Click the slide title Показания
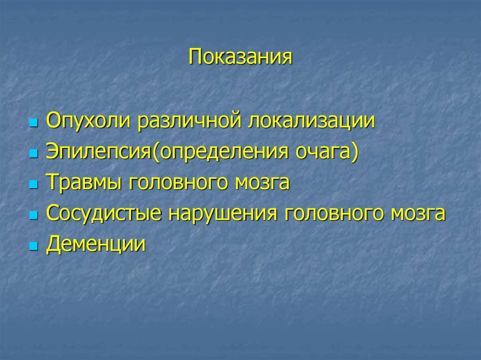[240, 58]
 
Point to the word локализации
[312, 121]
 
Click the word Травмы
[82, 183]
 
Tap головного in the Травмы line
[176, 183]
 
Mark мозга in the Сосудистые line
[418, 214]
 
